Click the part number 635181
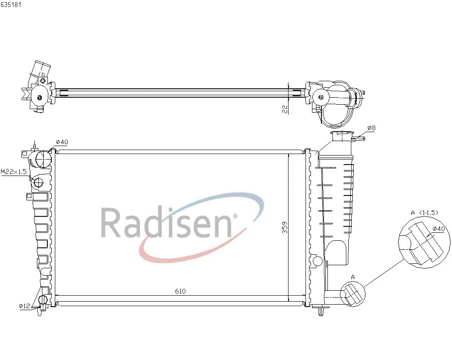tap(10, 5)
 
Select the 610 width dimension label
tap(180, 291)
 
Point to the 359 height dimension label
tap(285, 227)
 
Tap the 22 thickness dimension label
tap(285, 109)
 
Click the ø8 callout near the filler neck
tap(371, 128)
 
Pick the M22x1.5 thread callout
tap(14, 172)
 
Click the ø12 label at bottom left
tap(24, 306)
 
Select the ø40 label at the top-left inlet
tap(62, 142)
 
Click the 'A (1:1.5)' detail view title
tap(424, 212)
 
